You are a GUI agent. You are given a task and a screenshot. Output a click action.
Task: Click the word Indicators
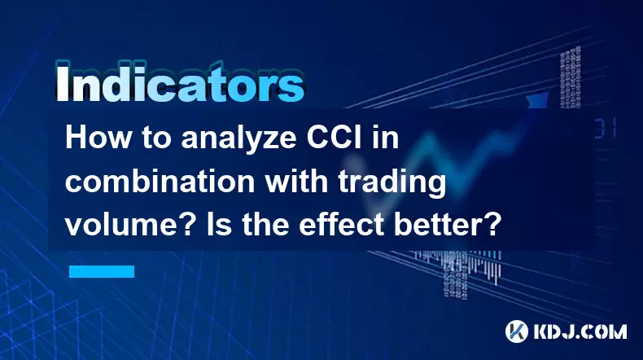pyautogui.click(x=180, y=83)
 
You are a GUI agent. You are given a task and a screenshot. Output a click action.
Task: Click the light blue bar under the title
pyautogui.click(x=102, y=271)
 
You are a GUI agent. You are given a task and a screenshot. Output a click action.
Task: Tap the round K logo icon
pyautogui.click(x=517, y=331)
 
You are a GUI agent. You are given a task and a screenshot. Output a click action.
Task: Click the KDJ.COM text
pyautogui.click(x=580, y=331)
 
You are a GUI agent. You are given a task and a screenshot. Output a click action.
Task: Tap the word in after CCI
pyautogui.click(x=385, y=138)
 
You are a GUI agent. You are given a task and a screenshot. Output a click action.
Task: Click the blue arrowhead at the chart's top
pyautogui.click(x=537, y=99)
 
